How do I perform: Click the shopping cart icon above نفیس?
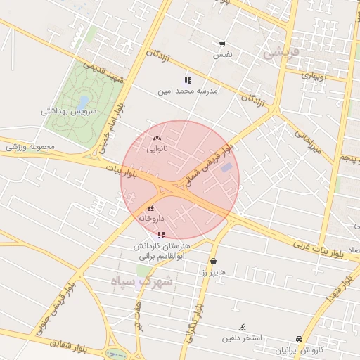[223, 44]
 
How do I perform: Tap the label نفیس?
[223, 54]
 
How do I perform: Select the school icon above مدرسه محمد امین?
[188, 80]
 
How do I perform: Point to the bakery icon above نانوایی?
[157, 139]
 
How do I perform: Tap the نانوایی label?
[157, 149]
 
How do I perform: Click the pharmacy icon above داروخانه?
[151, 207]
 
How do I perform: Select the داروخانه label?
[151, 219]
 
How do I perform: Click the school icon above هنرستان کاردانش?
[161, 235]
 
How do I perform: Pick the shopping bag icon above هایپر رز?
[213, 261]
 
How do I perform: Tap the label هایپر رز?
[213, 272]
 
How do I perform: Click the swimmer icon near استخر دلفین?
[243, 327]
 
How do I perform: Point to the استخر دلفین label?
[243, 338]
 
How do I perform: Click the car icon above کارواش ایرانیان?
[300, 339]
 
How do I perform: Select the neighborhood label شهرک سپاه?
[141, 281]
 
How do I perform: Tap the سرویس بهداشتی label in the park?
[73, 111]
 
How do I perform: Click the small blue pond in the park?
[84, 101]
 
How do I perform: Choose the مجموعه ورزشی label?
[30, 147]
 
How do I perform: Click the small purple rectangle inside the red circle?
[226, 167]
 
